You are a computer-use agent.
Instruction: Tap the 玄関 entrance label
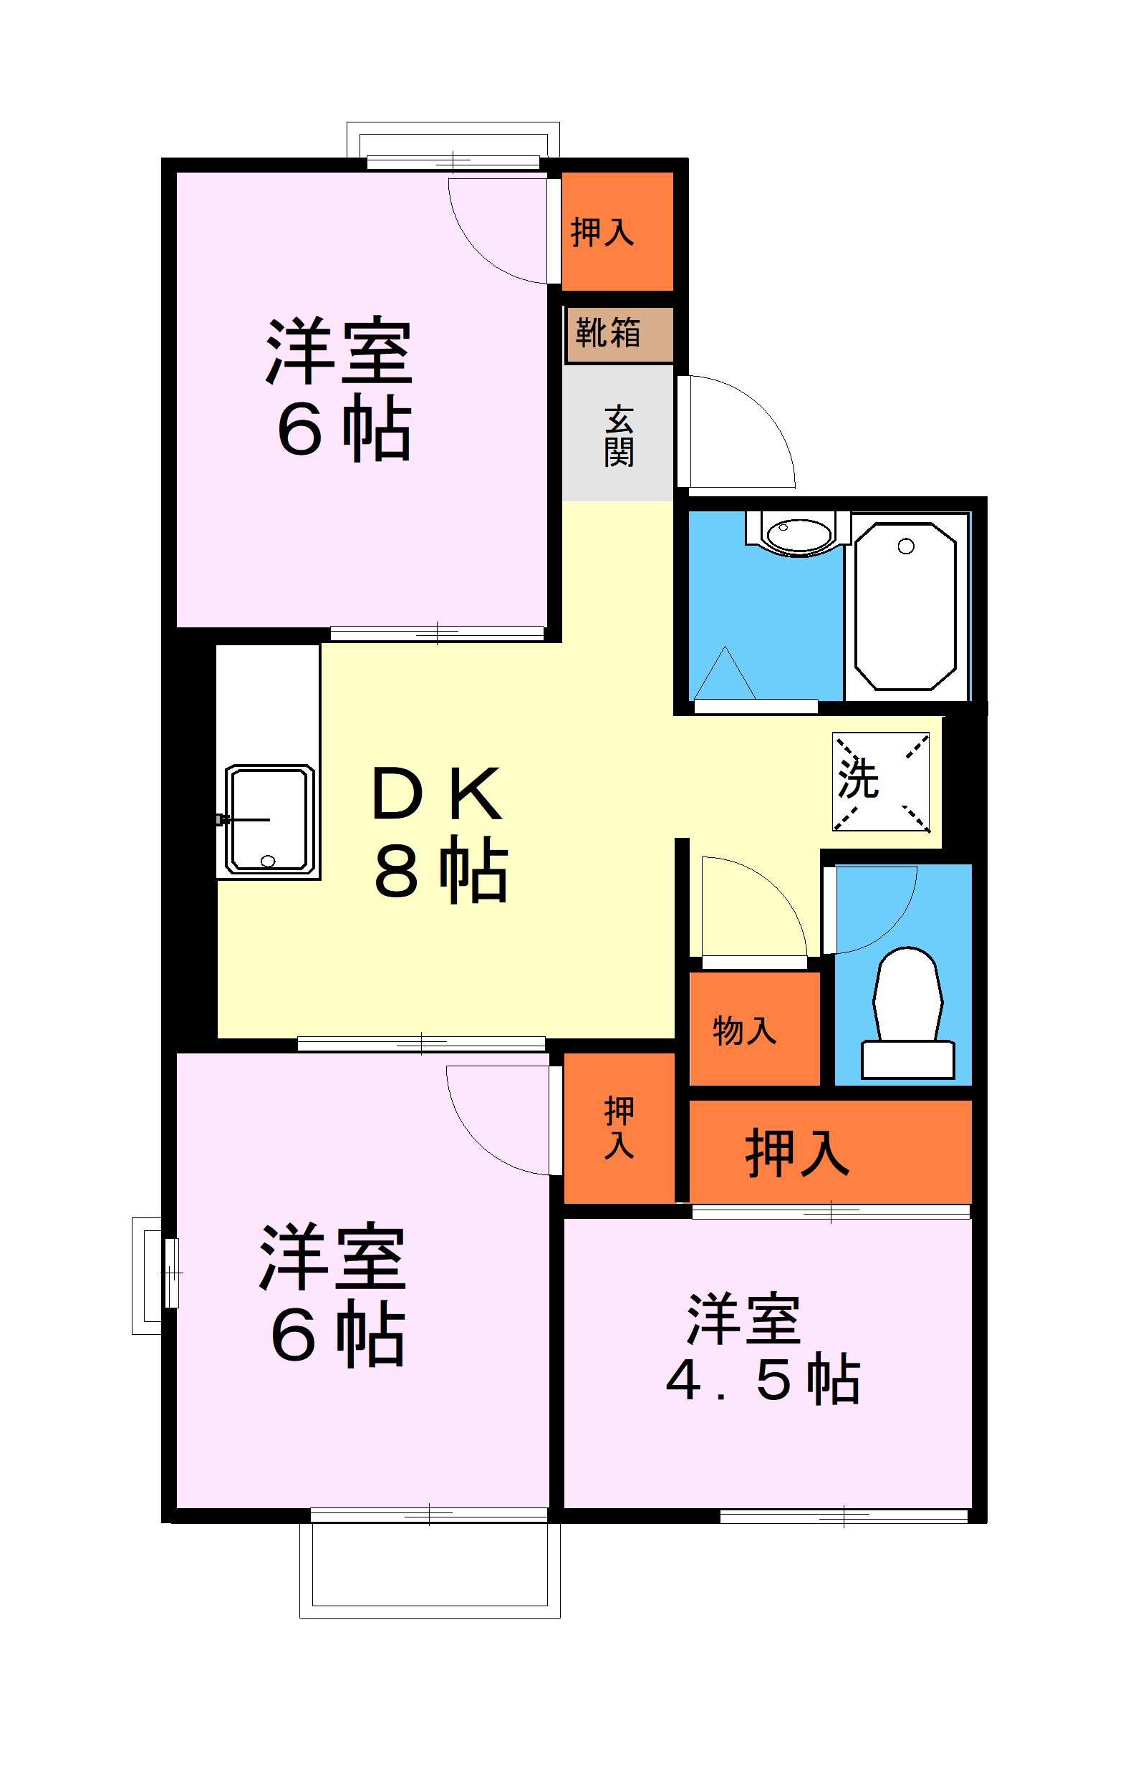pos(618,436)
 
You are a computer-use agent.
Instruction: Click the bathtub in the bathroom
pos(905,607)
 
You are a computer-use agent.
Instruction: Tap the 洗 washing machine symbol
pos(881,781)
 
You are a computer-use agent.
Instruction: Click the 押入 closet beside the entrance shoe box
pos(617,231)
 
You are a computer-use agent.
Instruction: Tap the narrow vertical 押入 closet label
pos(619,1128)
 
